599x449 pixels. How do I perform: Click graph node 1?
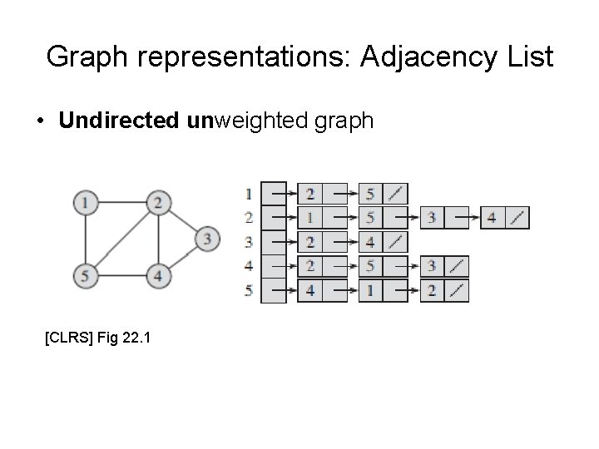84,202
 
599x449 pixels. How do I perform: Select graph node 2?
158,202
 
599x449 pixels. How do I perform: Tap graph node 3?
206,239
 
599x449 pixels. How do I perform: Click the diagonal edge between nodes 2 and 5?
121,238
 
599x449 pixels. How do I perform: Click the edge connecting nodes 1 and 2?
121,202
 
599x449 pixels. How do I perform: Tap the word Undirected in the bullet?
118,121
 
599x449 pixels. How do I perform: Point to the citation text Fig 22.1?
121,338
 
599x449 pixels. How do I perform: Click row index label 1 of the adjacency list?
248,194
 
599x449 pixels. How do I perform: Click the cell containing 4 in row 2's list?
492,218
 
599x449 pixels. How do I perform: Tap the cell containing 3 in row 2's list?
432,218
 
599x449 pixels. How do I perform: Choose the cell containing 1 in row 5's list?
370,291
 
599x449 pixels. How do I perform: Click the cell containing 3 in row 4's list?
432,267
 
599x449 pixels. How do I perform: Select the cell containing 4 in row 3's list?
370,243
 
